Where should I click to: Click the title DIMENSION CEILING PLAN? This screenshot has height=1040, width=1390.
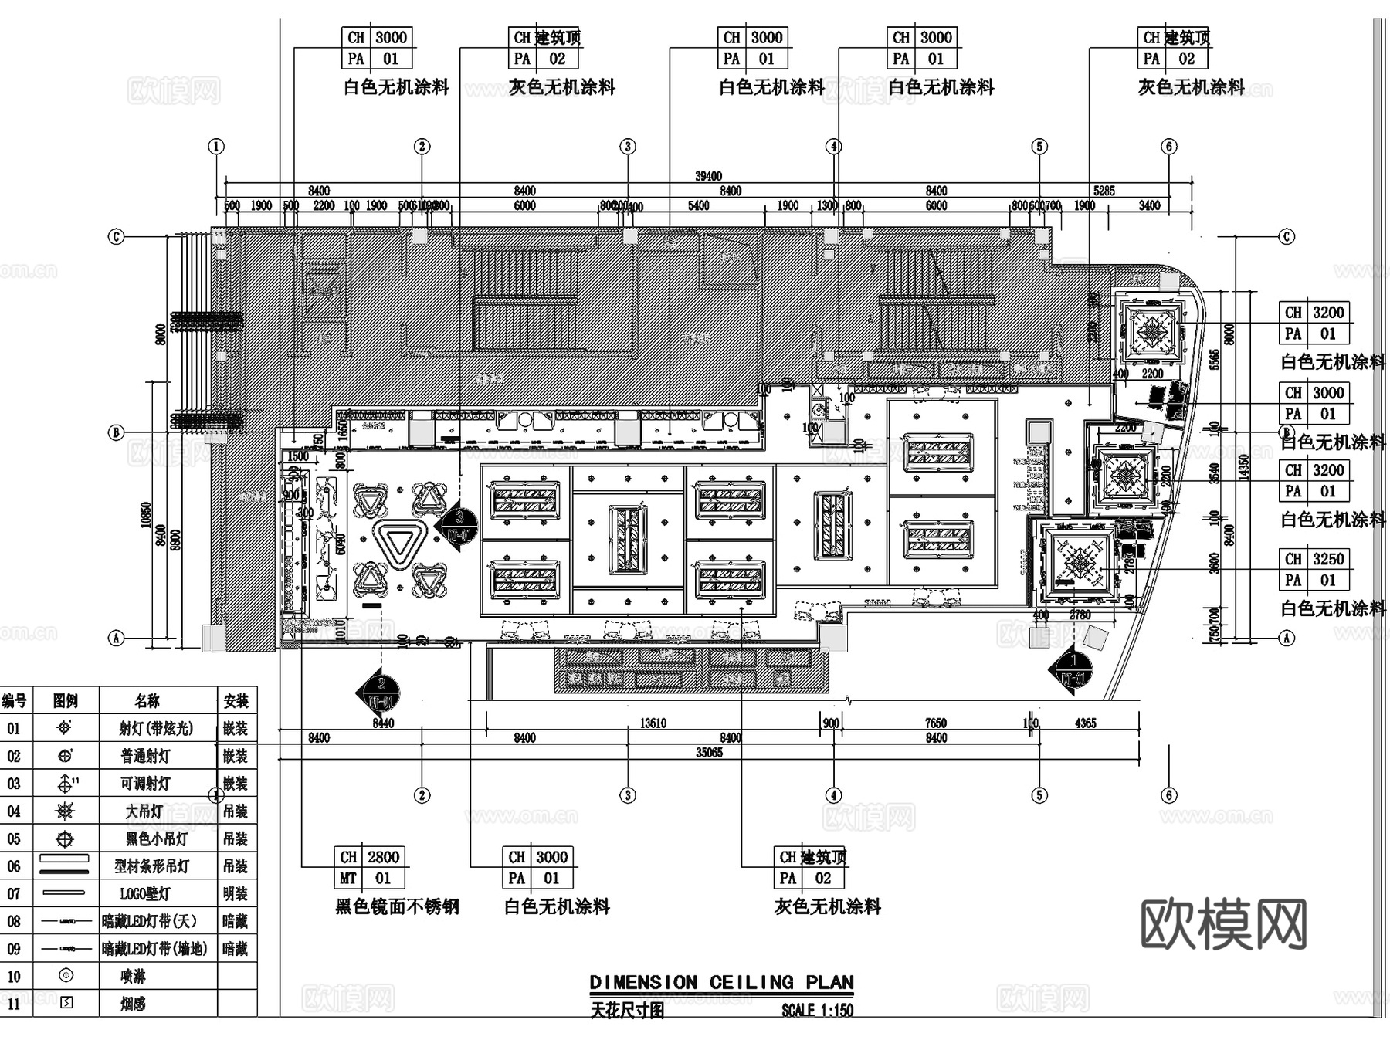721,982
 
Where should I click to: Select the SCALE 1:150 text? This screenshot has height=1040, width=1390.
817,1010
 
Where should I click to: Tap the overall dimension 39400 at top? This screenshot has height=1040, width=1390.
708,176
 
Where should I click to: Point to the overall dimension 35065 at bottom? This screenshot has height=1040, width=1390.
709,752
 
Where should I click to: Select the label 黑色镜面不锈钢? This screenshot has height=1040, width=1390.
397,906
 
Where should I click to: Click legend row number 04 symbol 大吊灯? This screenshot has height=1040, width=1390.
66,811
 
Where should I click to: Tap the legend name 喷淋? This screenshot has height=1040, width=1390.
133,976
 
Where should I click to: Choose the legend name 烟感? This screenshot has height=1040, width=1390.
133,1004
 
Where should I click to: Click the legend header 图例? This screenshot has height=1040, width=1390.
66,701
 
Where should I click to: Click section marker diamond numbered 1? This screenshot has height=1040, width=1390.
1073,669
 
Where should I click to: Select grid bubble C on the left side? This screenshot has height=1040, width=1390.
116,236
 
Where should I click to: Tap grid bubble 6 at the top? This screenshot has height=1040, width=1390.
1168,147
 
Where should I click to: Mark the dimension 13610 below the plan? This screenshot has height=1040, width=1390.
653,723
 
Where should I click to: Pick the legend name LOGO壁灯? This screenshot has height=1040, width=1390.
145,894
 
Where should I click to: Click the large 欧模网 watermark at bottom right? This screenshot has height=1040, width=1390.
1223,923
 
